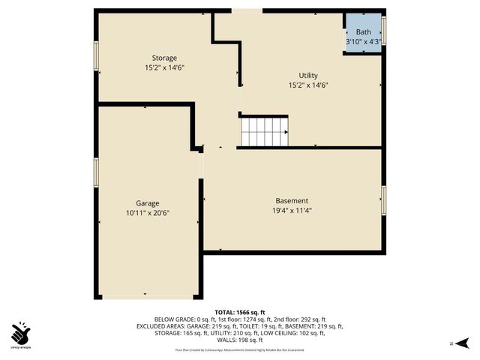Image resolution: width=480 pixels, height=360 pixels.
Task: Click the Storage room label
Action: coord(164,58)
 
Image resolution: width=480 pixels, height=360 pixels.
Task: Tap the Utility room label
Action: coord(308,76)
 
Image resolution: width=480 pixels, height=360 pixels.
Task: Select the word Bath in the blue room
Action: coord(363,32)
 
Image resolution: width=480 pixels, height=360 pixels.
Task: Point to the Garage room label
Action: coord(147,203)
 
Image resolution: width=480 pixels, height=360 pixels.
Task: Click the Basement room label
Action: coord(291,201)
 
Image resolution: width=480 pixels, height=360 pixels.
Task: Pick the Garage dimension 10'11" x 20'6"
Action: coord(147,214)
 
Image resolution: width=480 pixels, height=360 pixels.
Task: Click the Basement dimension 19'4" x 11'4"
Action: coord(291,211)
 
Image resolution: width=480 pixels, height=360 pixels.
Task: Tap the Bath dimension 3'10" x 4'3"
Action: coord(363,42)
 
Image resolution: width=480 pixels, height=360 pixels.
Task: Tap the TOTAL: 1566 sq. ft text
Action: coord(240,312)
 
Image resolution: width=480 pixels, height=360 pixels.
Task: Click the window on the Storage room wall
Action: coord(96,56)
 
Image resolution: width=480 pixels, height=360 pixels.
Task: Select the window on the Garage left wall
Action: coord(96,172)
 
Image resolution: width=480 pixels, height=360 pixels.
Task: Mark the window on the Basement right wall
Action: coord(383,200)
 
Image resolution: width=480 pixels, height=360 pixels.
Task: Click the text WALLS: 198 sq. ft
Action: coord(240,340)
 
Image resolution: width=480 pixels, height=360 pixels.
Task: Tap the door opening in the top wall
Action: coord(247,10)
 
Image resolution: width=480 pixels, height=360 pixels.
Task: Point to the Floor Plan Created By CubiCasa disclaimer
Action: coord(240,350)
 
